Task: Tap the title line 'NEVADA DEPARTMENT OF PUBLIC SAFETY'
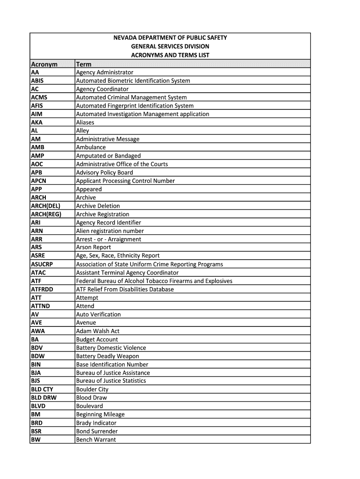(170, 38)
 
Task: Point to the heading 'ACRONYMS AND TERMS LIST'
(170, 55)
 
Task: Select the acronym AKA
(37, 123)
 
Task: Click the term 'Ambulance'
(91, 147)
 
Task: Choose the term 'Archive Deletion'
(98, 206)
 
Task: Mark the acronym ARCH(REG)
(46, 214)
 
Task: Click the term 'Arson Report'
(94, 247)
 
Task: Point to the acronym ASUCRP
(42, 264)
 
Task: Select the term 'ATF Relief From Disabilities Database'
(125, 290)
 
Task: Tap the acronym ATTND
(40, 306)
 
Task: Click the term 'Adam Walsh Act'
(98, 331)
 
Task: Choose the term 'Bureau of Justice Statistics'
(111, 381)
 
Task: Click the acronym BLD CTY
(42, 389)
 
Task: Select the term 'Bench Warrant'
(96, 440)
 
